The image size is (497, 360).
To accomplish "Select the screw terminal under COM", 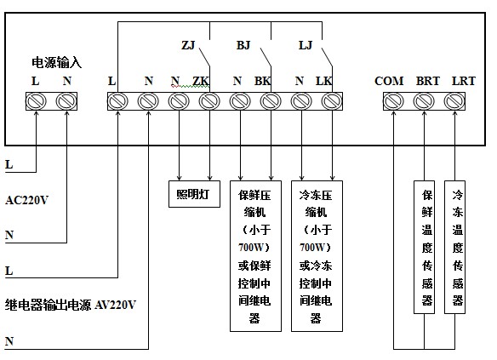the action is click(393, 101).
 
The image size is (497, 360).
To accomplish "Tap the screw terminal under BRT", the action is click(424, 101).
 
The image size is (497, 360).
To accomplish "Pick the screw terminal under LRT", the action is click(454, 101).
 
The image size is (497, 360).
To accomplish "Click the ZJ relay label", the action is click(188, 45).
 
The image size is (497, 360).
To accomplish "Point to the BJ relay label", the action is click(243, 45).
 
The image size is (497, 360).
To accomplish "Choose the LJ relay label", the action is click(306, 45).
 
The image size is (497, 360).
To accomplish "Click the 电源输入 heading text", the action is click(56, 62).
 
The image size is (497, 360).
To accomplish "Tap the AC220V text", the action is click(27, 200).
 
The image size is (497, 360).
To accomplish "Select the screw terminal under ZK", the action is click(209, 101).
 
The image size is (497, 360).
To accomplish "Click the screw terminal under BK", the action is click(271, 101).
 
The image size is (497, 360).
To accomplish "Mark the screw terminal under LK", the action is click(332, 101).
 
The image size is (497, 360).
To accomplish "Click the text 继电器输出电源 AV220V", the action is click(71, 305).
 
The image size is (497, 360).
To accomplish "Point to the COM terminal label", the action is click(389, 81).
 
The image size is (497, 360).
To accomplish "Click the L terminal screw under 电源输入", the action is click(36, 101).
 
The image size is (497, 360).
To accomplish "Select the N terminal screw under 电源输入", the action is click(66, 101).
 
